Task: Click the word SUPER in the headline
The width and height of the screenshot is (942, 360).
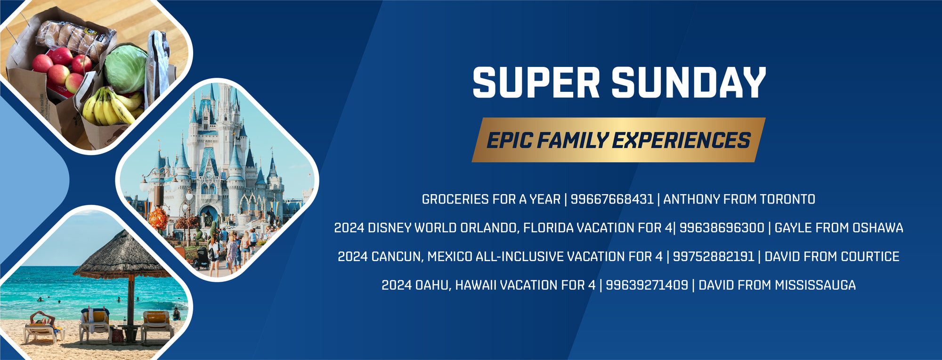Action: tap(536, 82)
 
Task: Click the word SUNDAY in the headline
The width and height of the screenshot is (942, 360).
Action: tap(689, 82)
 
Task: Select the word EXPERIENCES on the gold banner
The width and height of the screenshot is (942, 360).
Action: tap(681, 140)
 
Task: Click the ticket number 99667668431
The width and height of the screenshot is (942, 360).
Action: tap(612, 199)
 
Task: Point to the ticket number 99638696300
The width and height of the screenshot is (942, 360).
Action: tap(722, 228)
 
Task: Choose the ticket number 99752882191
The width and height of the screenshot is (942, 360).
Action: tap(713, 257)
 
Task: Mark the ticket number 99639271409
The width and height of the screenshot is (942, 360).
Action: tap(647, 285)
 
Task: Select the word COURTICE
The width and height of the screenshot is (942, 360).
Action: tap(870, 257)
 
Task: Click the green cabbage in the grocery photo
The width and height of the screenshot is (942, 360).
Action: tap(125, 68)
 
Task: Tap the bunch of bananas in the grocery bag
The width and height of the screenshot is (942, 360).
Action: tap(112, 106)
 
